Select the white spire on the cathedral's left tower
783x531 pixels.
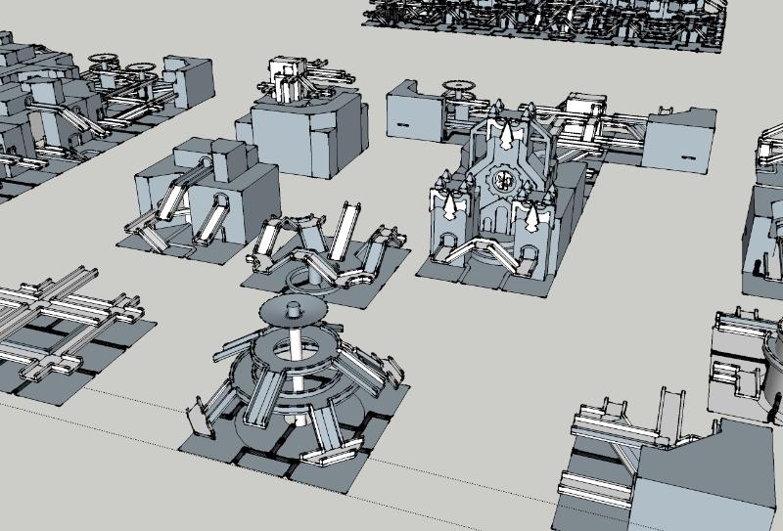click(x=452, y=205)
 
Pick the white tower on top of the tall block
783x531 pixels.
click(x=286, y=78)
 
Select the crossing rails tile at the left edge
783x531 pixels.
click(x=64, y=323)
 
